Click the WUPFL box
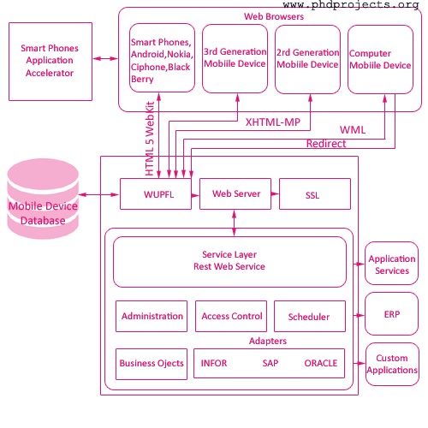156,194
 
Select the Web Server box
235,194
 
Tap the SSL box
315,194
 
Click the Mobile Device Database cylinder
43,199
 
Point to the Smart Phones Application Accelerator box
51,62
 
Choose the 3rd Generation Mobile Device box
235,58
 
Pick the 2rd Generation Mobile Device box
307,59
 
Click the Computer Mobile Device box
380,59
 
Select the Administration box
152,316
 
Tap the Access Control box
231,316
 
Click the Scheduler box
310,316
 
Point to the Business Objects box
152,364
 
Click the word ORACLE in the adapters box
321,363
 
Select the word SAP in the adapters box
270,363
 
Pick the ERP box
391,313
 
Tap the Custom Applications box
392,364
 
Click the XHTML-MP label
273,122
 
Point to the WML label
353,130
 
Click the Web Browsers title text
274,16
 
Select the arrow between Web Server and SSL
275,193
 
